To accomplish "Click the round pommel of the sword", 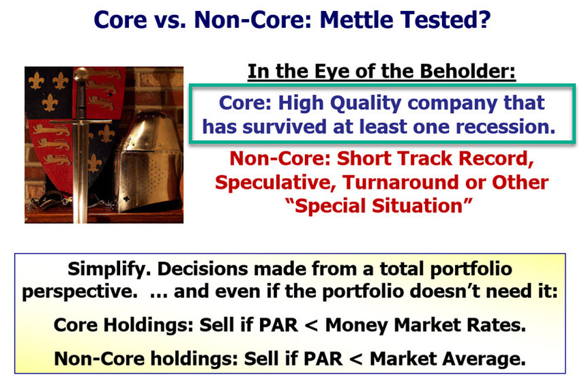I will click(81, 75).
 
